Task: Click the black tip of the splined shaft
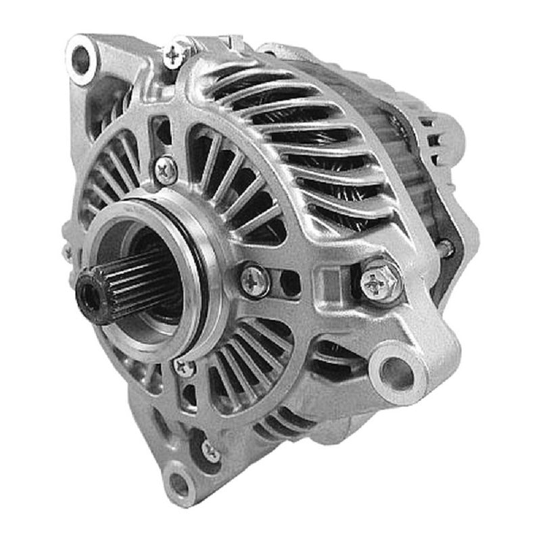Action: coord(89,291)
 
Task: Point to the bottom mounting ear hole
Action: coord(179,481)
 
